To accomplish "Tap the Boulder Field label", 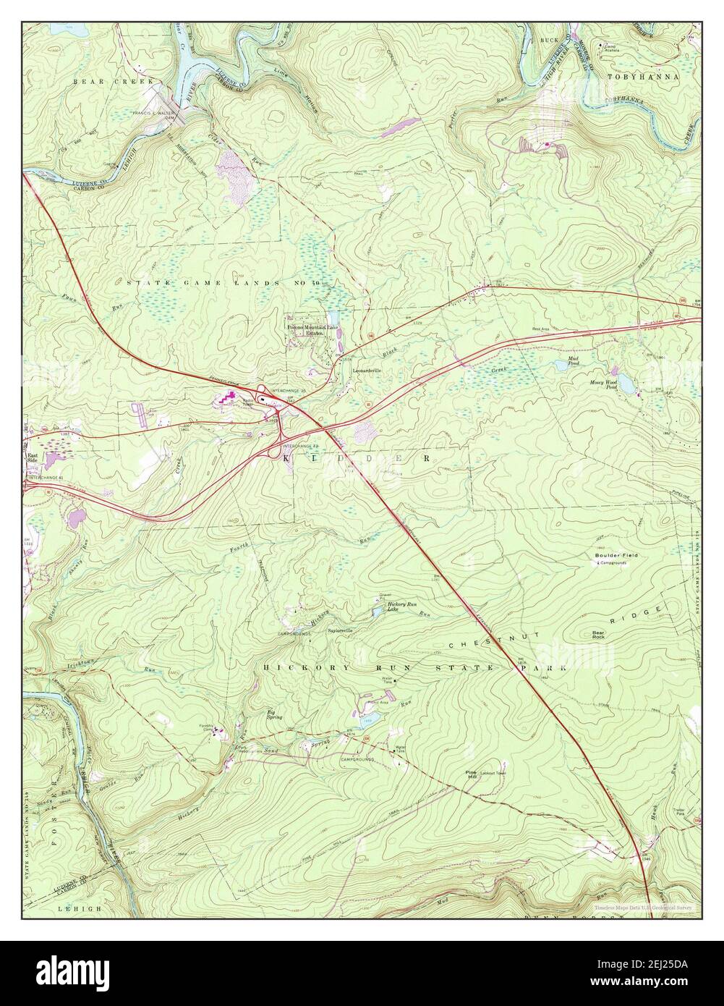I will pos(616,555).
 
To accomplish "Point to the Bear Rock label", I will pos(598,634).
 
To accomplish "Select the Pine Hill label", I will pos(472,774).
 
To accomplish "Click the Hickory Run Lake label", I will pos(399,606).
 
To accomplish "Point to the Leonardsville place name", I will pos(366,371).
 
